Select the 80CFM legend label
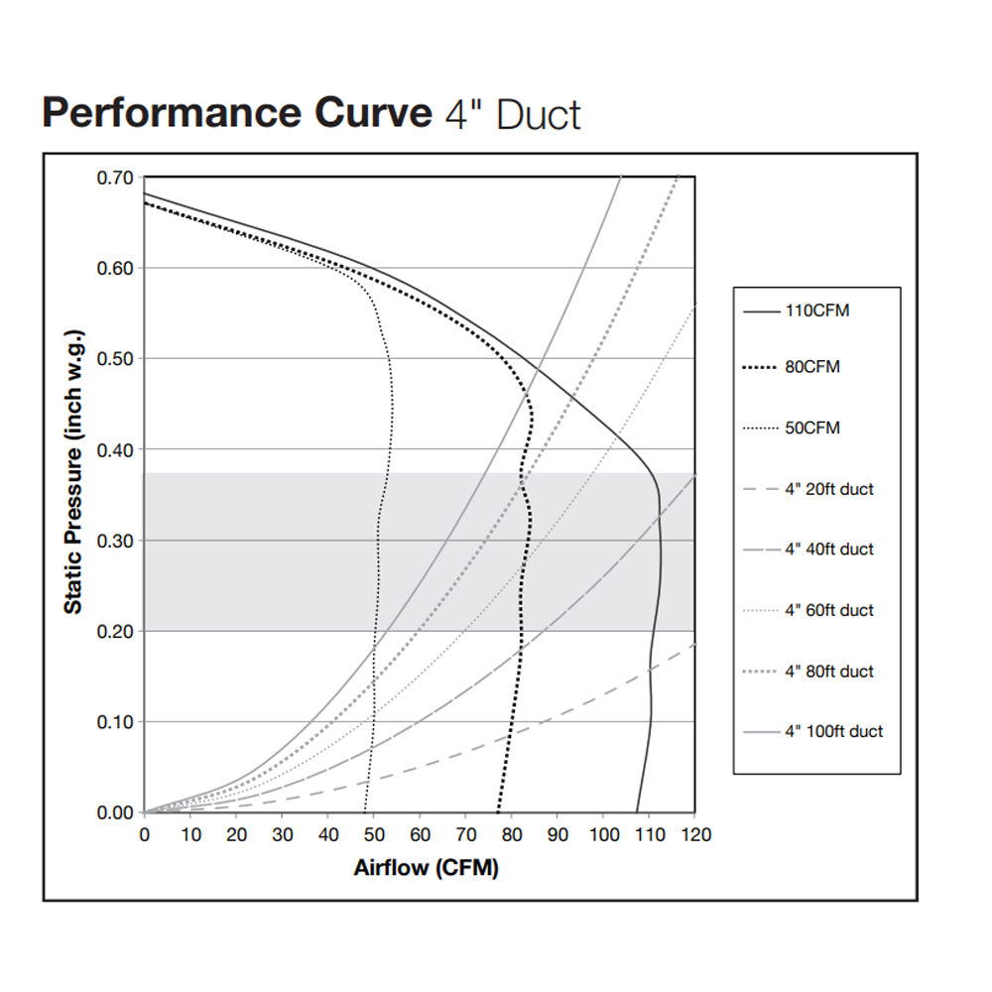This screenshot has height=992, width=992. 812,367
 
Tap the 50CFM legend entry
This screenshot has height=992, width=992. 812,429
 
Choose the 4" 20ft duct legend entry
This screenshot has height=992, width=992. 829,489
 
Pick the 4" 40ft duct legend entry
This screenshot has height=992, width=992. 829,550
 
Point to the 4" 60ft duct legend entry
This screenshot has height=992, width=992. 829,610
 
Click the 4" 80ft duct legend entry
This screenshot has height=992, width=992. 829,672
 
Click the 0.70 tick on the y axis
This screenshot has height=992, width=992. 115,179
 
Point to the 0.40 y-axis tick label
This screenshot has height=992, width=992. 115,449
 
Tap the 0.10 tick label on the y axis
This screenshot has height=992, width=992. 115,721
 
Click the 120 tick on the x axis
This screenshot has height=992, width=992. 694,835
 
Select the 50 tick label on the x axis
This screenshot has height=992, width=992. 374,835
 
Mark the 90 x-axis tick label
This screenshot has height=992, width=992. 558,835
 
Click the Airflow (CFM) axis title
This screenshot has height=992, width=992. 426,869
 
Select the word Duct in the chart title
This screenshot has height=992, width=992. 538,115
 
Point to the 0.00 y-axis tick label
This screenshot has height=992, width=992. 115,812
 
